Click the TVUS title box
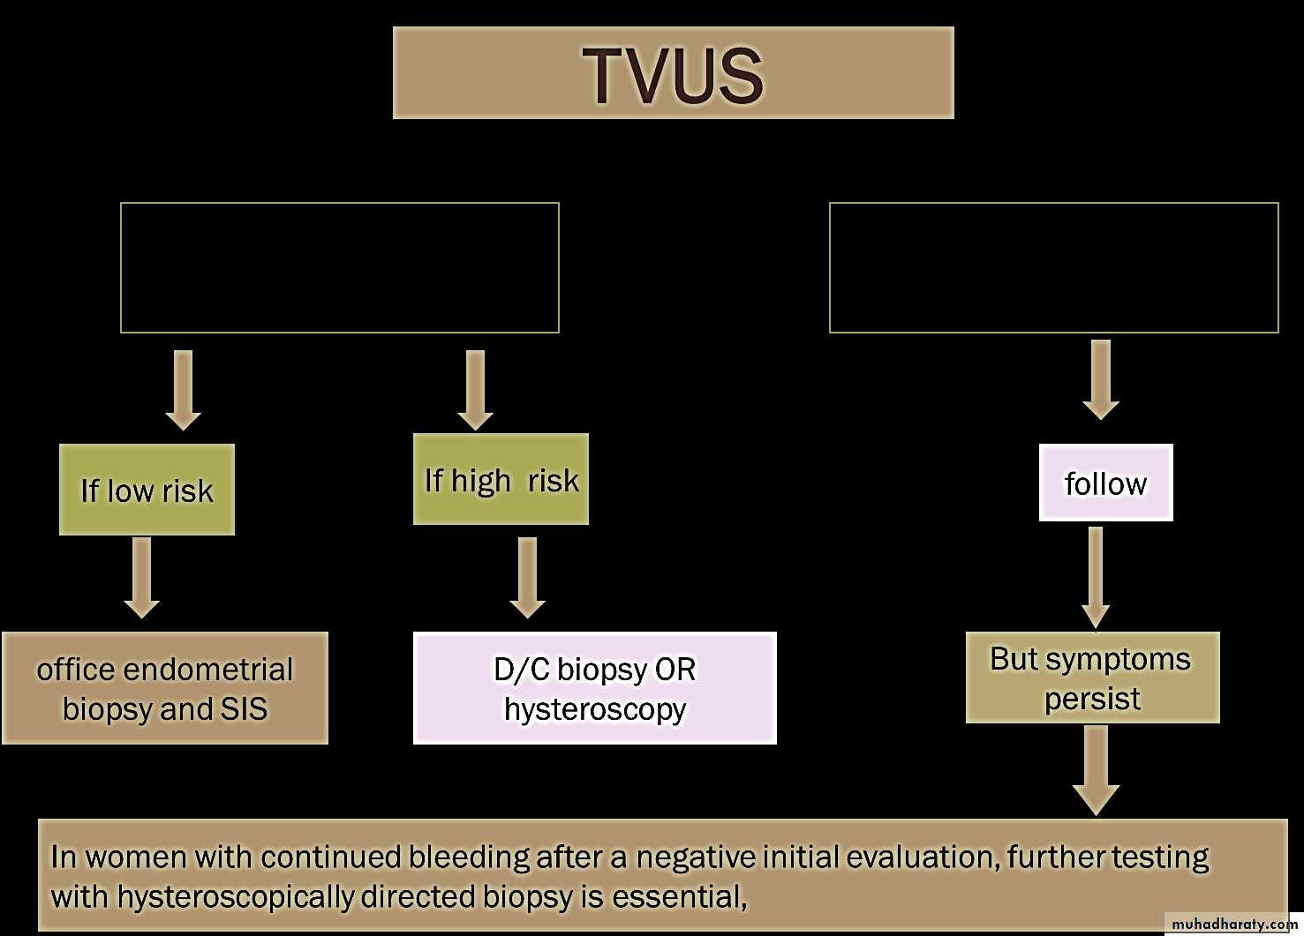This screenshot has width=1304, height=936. tap(673, 73)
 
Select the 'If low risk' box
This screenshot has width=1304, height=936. tap(147, 490)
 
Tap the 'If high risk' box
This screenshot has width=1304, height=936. tap(501, 480)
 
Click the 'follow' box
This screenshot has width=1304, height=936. tap(1105, 483)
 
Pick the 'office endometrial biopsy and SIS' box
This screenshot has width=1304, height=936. tap(165, 688)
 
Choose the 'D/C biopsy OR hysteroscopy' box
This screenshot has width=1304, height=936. tap(594, 688)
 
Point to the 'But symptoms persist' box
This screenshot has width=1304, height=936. tap(1092, 678)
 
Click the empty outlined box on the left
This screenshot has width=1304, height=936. tap(340, 267)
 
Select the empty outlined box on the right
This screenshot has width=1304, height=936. tap(1053, 267)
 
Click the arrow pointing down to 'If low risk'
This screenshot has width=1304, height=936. tap(183, 389)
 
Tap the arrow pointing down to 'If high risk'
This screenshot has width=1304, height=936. tap(475, 389)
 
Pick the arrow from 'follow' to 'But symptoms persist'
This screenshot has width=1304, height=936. tap(1096, 577)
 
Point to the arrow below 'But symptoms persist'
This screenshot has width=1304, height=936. tap(1096, 769)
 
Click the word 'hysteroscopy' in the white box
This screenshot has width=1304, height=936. tap(594, 708)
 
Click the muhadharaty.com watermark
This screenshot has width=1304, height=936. tap(1234, 924)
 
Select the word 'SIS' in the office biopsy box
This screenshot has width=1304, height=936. tap(244, 708)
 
